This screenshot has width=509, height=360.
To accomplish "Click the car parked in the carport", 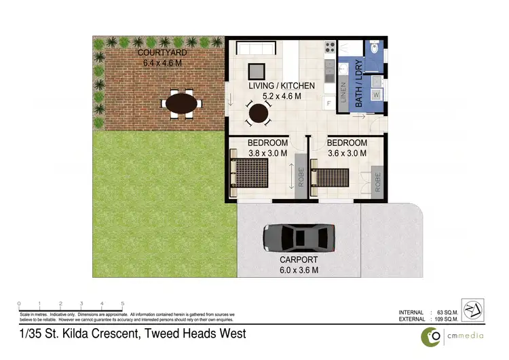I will tap(299, 237).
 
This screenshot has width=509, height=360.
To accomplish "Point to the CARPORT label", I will tap(299, 259).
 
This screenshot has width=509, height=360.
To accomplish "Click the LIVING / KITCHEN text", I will tap(282, 86).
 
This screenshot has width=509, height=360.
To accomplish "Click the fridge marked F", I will tap(329, 103).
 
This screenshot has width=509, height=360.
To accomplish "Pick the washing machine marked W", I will tap(376, 96).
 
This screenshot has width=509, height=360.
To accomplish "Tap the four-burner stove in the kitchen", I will tap(330, 48).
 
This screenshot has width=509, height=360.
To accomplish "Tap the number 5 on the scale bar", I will tap(122, 304).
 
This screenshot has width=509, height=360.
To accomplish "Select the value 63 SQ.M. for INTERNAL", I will tap(449, 312).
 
